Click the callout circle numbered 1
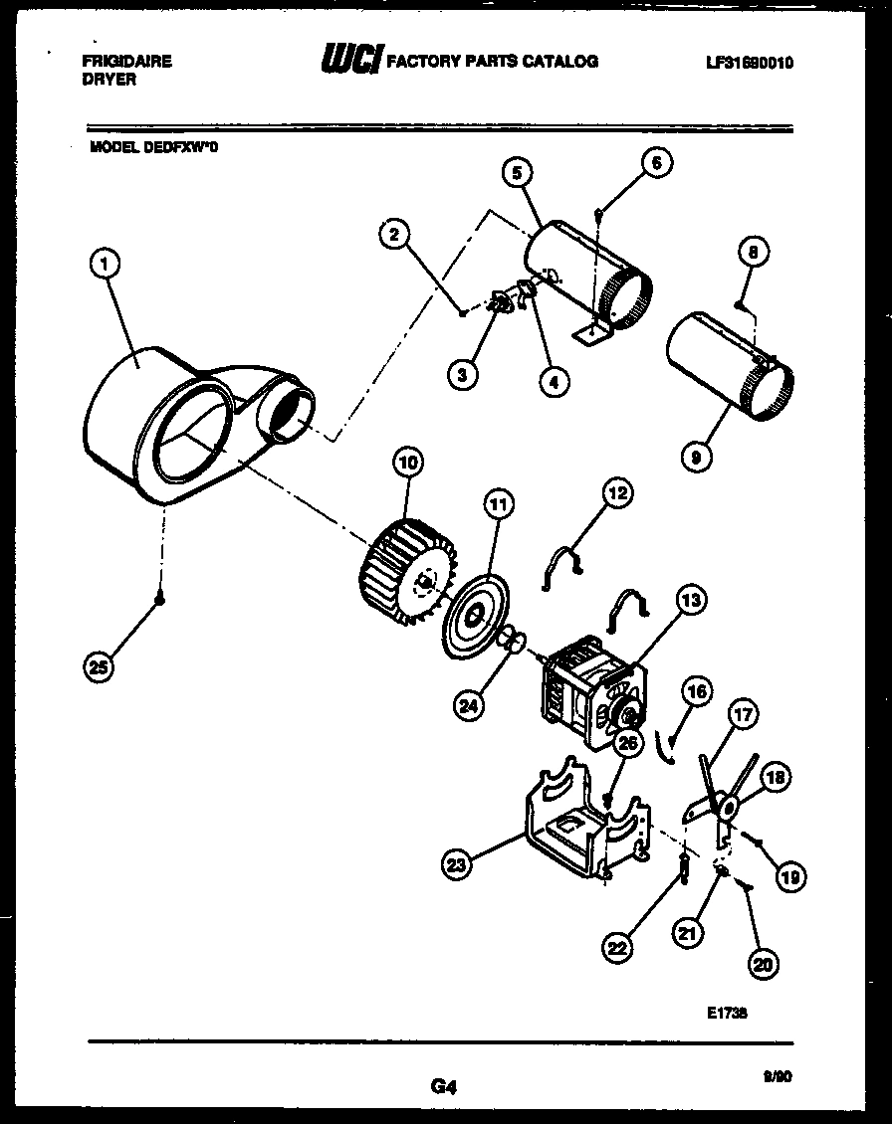click(x=106, y=264)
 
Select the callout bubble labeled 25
click(x=98, y=668)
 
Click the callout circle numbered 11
click(x=498, y=505)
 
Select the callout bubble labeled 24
click(x=470, y=706)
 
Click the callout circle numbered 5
click(x=516, y=173)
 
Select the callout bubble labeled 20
click(x=766, y=963)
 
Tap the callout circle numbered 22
click(x=618, y=949)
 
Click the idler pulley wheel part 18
click(x=728, y=808)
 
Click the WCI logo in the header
click(x=349, y=62)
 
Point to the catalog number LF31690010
click(x=750, y=63)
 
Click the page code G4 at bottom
click(x=444, y=1087)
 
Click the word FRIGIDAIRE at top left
click(x=125, y=62)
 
